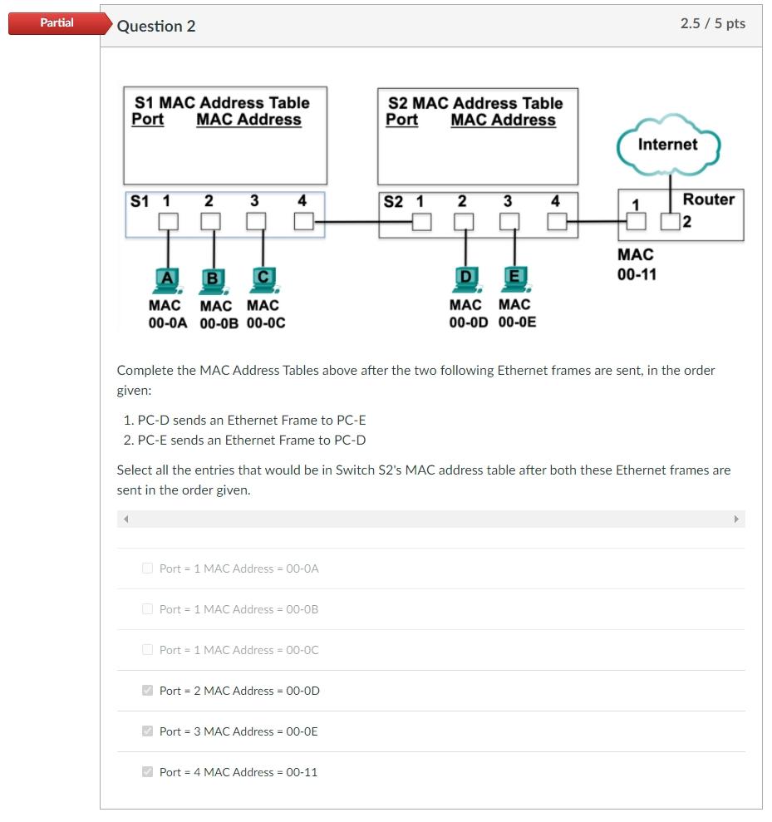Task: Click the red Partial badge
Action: click(57, 23)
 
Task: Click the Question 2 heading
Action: click(156, 26)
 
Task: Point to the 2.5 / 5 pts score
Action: click(712, 23)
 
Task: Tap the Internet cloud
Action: click(667, 145)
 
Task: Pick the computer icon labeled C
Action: click(263, 279)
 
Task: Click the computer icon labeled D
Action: click(465, 279)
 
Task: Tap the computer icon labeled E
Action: click(514, 279)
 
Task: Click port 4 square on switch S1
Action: click(303, 221)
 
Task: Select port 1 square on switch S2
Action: click(422, 221)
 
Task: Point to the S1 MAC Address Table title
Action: click(221, 103)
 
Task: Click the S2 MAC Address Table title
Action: click(475, 103)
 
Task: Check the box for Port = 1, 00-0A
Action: click(148, 569)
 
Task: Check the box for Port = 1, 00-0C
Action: click(148, 650)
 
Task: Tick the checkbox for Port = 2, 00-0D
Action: click(148, 691)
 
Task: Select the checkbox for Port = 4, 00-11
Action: click(148, 772)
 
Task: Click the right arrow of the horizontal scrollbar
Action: click(735, 519)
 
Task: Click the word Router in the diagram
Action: click(708, 199)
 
